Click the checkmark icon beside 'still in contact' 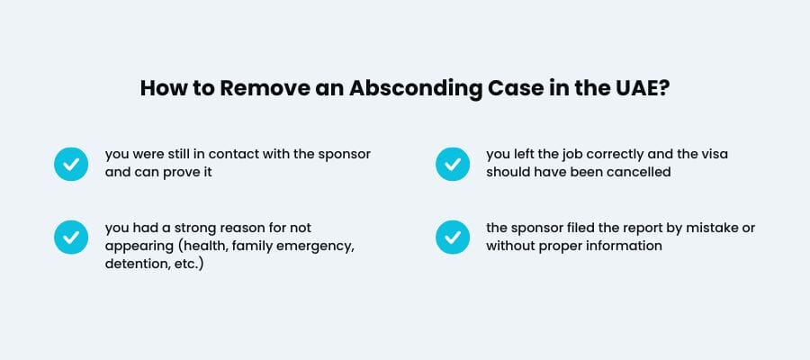pos(70,164)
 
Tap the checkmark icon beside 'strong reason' pos(70,237)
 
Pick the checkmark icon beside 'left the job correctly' pos(452,164)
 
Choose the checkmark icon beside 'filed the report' pos(452,237)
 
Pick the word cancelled pos(638,172)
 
